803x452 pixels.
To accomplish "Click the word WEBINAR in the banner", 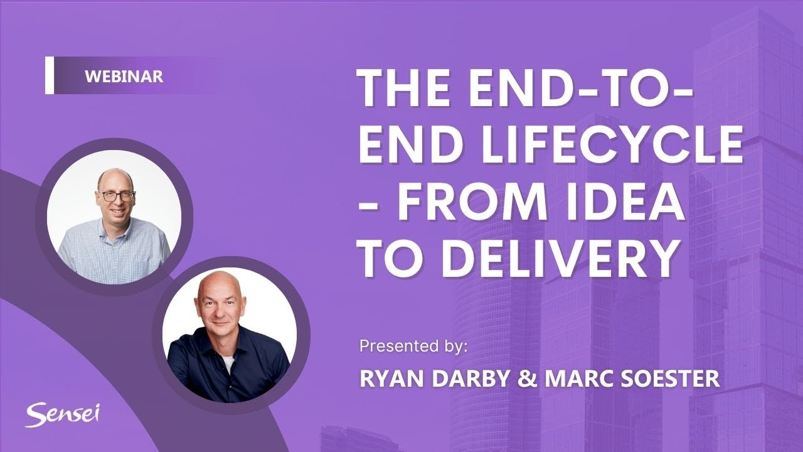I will (x=124, y=76).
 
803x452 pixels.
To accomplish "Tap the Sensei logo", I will (x=63, y=414).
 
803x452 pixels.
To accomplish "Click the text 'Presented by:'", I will (x=413, y=346).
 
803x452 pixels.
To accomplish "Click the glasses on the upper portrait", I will (x=116, y=196).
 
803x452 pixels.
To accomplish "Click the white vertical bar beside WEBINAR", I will (x=50, y=76).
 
